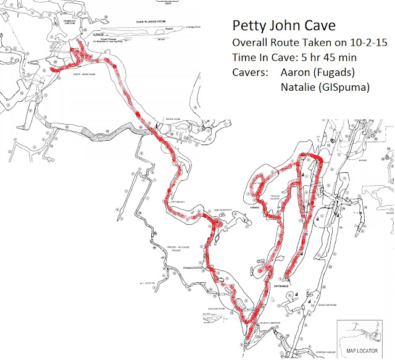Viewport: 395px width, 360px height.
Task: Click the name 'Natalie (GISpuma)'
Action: pos(325,88)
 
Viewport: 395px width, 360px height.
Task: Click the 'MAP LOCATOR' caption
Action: pos(361,350)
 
